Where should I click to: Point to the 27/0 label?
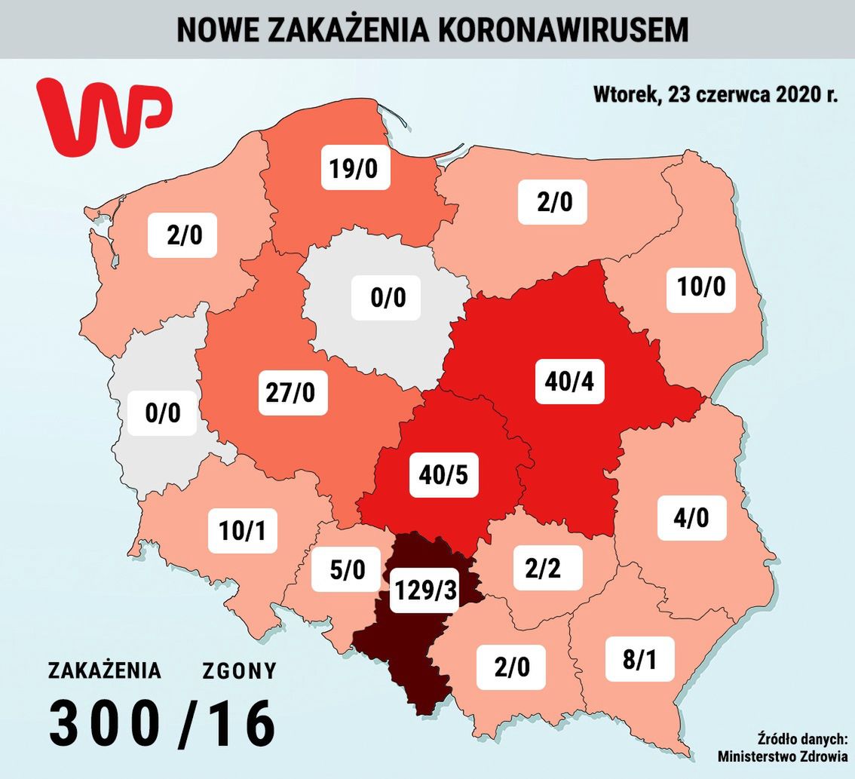pyautogui.click(x=294, y=392)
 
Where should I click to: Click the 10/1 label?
pyautogui.click(x=243, y=531)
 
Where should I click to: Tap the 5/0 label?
pyautogui.click(x=348, y=570)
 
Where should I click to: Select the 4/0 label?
pyautogui.click(x=692, y=518)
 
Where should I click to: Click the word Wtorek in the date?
pyautogui.click(x=622, y=96)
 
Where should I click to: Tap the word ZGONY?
pyautogui.click(x=239, y=670)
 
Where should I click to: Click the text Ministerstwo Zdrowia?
pyautogui.click(x=782, y=756)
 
